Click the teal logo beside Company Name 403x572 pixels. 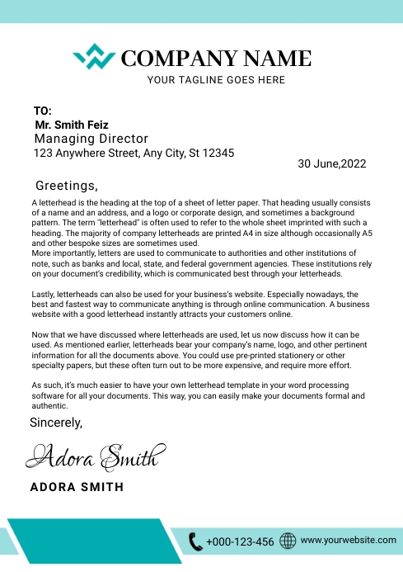click(94, 57)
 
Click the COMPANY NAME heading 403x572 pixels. click(216, 58)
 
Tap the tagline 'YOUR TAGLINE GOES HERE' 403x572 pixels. click(216, 80)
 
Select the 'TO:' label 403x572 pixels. click(43, 111)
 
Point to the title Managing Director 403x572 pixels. click(91, 139)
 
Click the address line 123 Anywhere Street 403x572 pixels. click(134, 153)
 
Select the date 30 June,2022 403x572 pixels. click(331, 163)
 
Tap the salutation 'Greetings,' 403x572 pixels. click(67, 186)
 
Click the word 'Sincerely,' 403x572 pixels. click(56, 423)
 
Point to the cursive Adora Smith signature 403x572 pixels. click(97, 455)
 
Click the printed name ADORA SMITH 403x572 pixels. click(77, 487)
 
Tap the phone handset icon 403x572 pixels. click(195, 541)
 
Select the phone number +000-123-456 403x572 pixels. click(240, 542)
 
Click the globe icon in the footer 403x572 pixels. click(288, 541)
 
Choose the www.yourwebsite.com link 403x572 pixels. click(349, 540)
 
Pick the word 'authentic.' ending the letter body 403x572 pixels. click(50, 406)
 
